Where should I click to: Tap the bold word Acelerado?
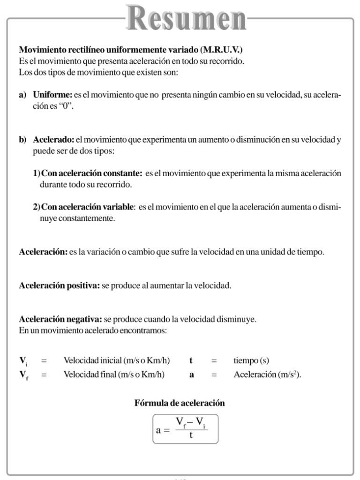(x=53, y=140)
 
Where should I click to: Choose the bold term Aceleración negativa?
(x=60, y=319)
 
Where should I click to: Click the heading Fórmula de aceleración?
(x=180, y=403)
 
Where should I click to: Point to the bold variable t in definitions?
(x=191, y=361)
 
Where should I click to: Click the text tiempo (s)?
(x=251, y=361)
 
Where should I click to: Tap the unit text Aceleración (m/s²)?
(x=267, y=375)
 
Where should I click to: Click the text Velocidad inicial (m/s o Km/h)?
(x=117, y=361)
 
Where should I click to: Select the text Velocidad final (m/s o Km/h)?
(x=115, y=375)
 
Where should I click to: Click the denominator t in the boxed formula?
(x=192, y=435)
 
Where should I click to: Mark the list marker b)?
(x=22, y=140)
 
